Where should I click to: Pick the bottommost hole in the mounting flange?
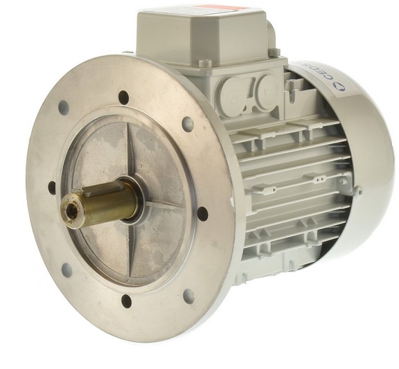pyautogui.click(x=126, y=300)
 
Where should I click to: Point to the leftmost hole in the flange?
pyautogui.click(x=52, y=187)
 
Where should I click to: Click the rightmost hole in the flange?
pyautogui.click(x=202, y=213)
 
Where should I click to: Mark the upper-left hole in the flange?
pyautogui.click(x=64, y=108)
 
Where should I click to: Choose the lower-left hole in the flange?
pyautogui.click(x=66, y=270)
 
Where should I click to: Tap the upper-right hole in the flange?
pyautogui.click(x=188, y=124)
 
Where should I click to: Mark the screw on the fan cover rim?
pyautogui.click(x=357, y=189)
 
